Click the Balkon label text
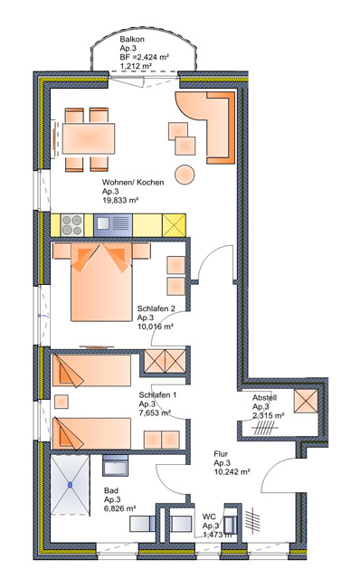(x=132, y=39)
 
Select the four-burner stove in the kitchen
(x=71, y=225)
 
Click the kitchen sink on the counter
(x=113, y=225)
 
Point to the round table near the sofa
(x=185, y=175)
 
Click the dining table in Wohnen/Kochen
(x=89, y=138)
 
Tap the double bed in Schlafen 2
(x=101, y=282)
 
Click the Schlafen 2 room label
(x=156, y=308)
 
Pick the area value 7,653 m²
(x=155, y=413)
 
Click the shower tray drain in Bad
(x=71, y=485)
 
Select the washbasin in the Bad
(x=116, y=465)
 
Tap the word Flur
(x=221, y=454)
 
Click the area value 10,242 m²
(x=232, y=472)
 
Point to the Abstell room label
(x=264, y=397)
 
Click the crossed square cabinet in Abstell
(x=306, y=402)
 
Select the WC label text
(x=209, y=517)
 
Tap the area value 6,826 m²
(x=120, y=508)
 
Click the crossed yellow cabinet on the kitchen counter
(x=174, y=225)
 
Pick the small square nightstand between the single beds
(x=62, y=402)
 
